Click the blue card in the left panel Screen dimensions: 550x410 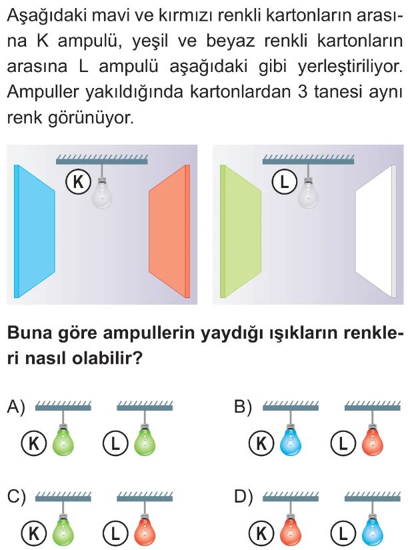coord(33,231)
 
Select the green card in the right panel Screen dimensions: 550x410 coord(240,231)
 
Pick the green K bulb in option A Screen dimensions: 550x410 coord(63,441)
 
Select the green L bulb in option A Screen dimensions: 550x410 coord(145,441)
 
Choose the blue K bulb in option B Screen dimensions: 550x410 coord(291,441)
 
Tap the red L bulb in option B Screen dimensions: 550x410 coord(373,441)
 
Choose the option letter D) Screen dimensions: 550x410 coord(244,497)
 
